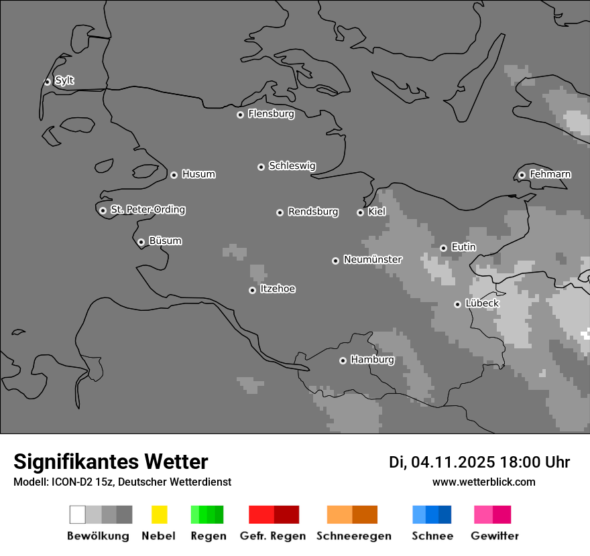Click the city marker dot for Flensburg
(240, 115)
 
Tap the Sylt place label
(64, 80)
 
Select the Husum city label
(198, 174)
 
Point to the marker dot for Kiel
(360, 212)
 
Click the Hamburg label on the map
(372, 360)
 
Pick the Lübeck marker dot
(457, 304)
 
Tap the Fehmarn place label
(550, 174)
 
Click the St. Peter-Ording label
(147, 210)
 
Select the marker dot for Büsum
(141, 242)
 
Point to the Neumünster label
(372, 259)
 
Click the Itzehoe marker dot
(252, 290)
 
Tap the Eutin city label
(463, 247)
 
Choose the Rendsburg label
(313, 212)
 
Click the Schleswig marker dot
(261, 167)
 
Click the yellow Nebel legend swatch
(159, 514)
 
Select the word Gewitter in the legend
(494, 536)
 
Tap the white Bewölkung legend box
(78, 514)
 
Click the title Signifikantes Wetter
(111, 462)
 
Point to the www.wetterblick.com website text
(483, 482)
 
